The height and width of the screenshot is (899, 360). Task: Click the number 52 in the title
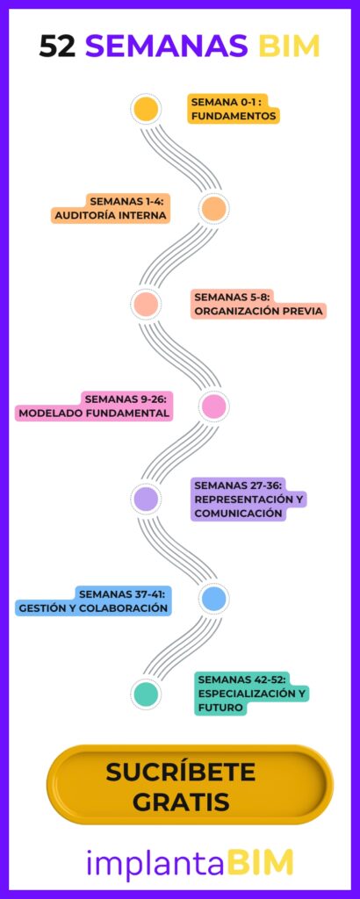[57, 46]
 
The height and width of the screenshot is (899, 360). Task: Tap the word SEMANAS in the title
[167, 46]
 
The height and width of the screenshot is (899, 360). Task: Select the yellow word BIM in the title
[288, 46]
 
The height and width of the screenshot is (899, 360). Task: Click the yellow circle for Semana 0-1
[146, 109]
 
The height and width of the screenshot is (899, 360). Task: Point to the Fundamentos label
[234, 109]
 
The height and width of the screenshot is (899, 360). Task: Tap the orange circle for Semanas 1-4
[214, 209]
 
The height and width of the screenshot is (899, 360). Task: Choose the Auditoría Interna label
[111, 209]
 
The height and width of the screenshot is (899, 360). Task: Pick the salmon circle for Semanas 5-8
[146, 304]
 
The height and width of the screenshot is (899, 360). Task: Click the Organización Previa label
[258, 304]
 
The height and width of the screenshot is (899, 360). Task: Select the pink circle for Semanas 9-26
[214, 406]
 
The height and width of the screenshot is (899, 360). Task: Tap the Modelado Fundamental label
[94, 406]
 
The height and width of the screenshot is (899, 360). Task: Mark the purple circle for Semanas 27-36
[146, 499]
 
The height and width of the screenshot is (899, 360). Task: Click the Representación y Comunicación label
[248, 500]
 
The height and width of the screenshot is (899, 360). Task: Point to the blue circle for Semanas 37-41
[214, 599]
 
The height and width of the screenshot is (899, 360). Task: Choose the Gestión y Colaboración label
[93, 601]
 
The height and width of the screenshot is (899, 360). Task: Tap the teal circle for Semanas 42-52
[146, 694]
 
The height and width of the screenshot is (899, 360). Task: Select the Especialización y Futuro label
[252, 694]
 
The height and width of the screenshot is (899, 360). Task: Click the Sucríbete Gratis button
[190, 785]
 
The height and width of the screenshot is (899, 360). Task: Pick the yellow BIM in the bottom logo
[260, 863]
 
